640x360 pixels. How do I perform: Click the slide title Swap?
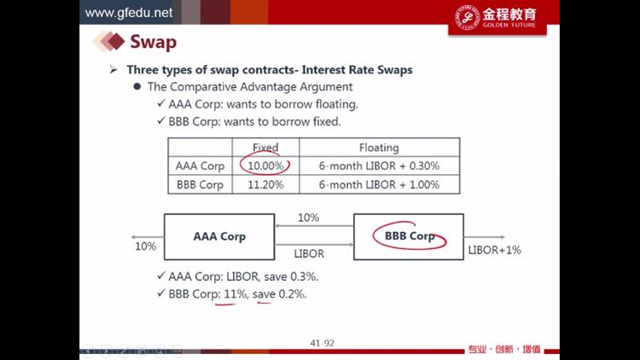pyautogui.click(x=153, y=42)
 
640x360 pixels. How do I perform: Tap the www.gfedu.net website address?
pyautogui.click(x=129, y=13)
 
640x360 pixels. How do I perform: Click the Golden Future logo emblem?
pyautogui.click(x=468, y=17)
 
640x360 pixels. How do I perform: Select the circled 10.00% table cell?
pyautogui.click(x=265, y=165)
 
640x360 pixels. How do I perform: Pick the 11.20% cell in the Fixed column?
pyautogui.click(x=265, y=184)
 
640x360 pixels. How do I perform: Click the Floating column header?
pyautogui.click(x=379, y=148)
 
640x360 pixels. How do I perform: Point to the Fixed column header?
pyautogui.click(x=265, y=148)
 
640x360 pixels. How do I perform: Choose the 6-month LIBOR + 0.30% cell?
pyautogui.click(x=379, y=165)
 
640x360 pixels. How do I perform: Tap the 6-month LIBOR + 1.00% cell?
pyautogui.click(x=379, y=184)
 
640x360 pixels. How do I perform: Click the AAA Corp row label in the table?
pyautogui.click(x=200, y=166)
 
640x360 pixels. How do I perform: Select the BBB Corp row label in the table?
pyautogui.click(x=200, y=185)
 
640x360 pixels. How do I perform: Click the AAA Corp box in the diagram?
pyautogui.click(x=219, y=237)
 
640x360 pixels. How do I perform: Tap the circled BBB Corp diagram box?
pyautogui.click(x=409, y=237)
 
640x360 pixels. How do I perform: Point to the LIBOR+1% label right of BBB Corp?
pyautogui.click(x=494, y=250)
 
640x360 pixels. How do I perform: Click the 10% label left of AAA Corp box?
pyautogui.click(x=146, y=247)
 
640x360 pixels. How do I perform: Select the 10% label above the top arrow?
pyautogui.click(x=308, y=218)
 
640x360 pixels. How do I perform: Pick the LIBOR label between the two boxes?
pyautogui.click(x=309, y=254)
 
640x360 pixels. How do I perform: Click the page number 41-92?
pyautogui.click(x=322, y=343)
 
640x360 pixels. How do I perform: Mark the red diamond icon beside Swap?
pyautogui.click(x=116, y=41)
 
